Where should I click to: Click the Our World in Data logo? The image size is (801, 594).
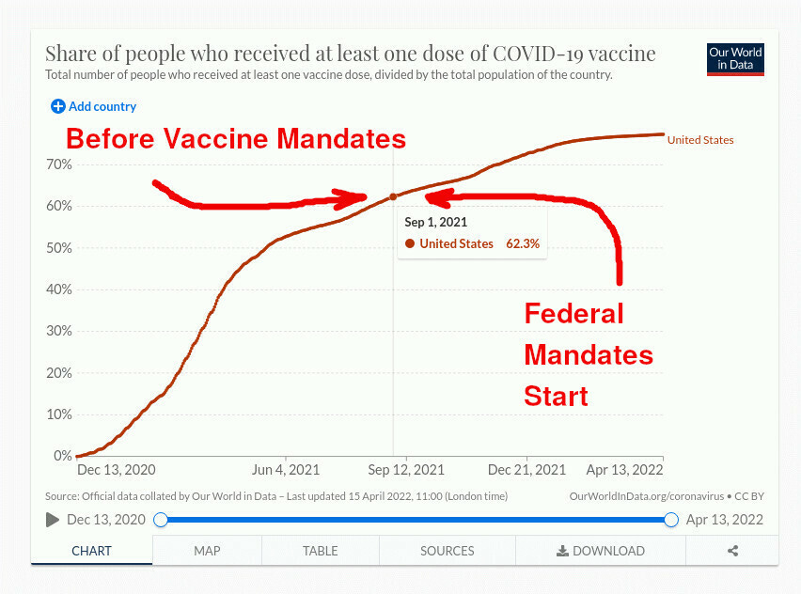735,59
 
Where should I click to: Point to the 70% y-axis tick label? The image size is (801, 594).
59,164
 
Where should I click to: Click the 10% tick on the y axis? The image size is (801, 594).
59,414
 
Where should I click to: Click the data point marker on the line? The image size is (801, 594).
393,196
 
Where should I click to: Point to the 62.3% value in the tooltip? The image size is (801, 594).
523,243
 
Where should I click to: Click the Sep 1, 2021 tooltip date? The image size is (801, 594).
436,223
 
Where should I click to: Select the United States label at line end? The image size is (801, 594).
700,140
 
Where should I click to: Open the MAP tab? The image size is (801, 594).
207,551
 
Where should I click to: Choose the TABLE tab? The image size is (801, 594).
321,551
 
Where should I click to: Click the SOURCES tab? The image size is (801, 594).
448,551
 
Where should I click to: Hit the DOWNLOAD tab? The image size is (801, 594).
601,551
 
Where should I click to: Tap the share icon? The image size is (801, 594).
732,552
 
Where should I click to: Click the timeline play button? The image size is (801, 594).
53,520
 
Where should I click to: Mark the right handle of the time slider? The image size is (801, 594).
671,520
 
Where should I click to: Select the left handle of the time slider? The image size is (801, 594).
161,520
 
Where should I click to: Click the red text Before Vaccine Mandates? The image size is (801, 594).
235,139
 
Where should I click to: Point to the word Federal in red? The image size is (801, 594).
573,313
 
